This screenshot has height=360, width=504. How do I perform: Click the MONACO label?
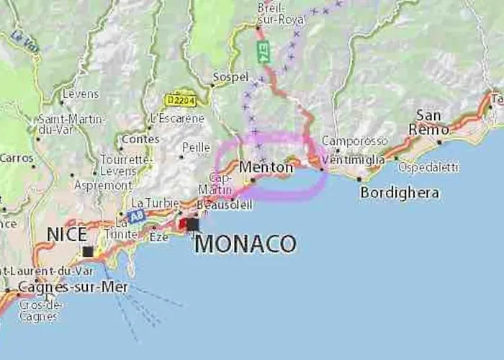[246, 243]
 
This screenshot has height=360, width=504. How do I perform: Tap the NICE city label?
[66, 234]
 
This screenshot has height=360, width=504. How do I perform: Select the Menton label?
[266, 167]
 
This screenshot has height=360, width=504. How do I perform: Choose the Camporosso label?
[354, 141]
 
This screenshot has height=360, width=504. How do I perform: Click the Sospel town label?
[230, 76]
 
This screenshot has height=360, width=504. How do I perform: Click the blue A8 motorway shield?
[137, 215]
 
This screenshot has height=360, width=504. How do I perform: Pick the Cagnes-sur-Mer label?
[73, 287]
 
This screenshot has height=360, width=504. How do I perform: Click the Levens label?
[80, 94]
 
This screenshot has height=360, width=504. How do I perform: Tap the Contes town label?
[140, 138]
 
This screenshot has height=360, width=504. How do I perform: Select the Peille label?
[196, 147]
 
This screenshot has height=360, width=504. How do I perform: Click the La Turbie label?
[155, 202]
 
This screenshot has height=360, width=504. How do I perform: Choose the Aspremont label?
[103, 185]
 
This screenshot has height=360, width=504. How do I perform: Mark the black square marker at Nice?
[88, 251]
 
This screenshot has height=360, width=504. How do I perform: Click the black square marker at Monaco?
[192, 225]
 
